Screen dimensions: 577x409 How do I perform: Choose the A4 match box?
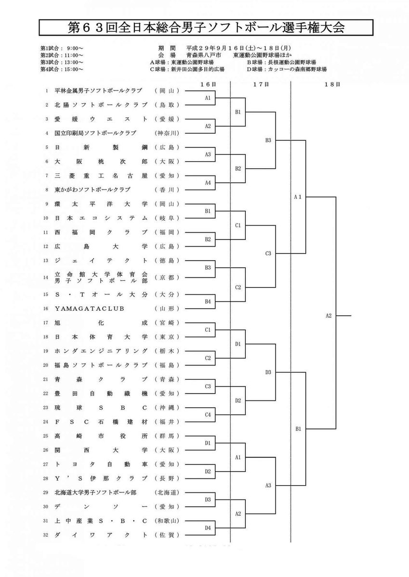tap(208, 183)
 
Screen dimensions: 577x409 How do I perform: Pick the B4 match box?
tap(208, 301)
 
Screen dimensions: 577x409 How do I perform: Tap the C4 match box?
tap(208, 414)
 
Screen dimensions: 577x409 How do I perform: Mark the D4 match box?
tap(208, 527)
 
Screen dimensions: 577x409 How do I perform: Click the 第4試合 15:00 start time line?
tap(62, 69)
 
